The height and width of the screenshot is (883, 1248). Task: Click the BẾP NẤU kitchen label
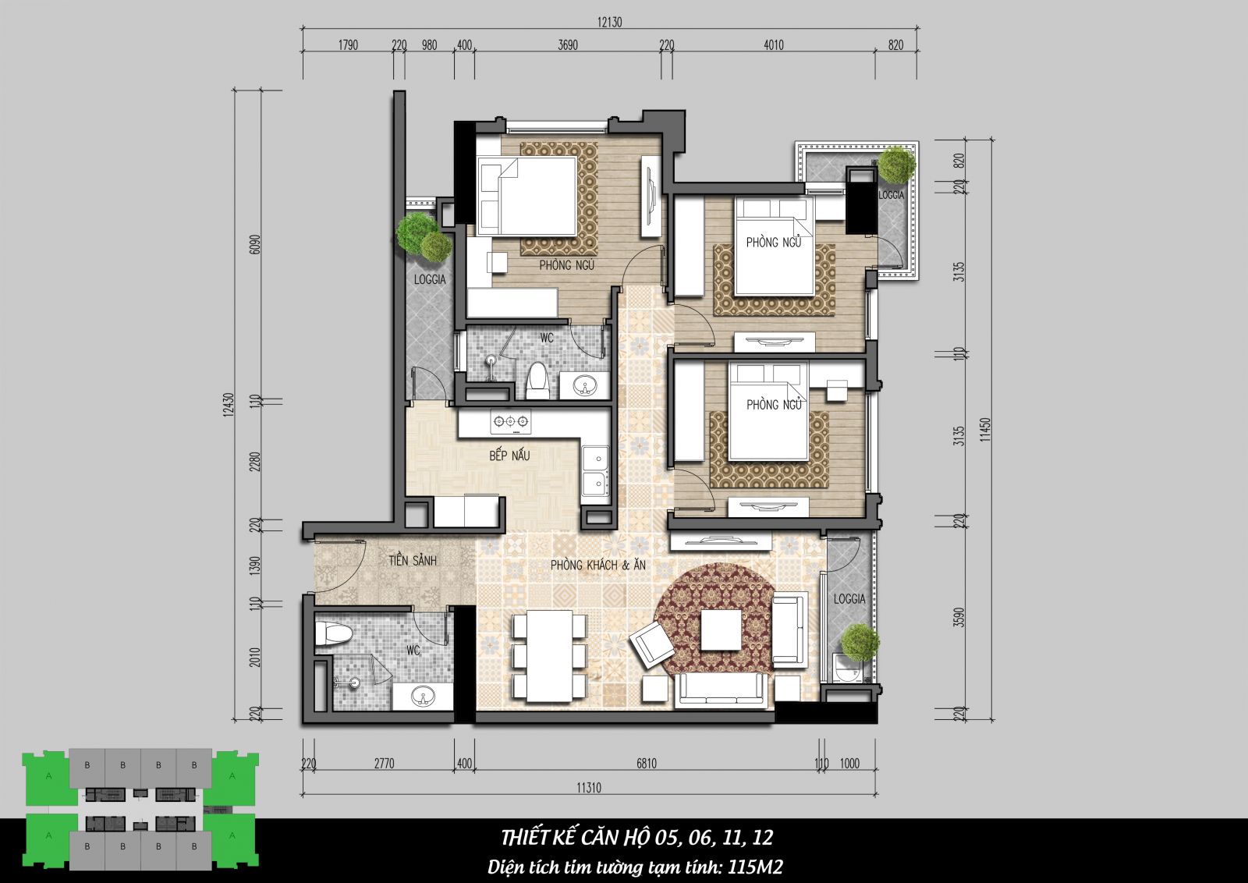click(509, 455)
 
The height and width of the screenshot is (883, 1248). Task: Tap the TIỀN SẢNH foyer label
click(413, 560)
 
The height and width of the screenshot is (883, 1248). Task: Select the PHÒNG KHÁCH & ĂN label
click(597, 565)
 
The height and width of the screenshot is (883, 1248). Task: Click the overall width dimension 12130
click(609, 23)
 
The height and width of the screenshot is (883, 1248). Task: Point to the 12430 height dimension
click(229, 405)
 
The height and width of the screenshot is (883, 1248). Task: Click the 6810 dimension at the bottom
click(647, 763)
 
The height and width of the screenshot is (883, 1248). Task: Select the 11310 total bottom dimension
click(589, 788)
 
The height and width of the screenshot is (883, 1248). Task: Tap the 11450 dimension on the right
click(986, 430)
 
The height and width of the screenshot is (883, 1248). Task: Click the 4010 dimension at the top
click(773, 45)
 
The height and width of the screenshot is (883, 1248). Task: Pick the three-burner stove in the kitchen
click(510, 422)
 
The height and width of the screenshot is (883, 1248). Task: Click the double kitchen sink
click(596, 470)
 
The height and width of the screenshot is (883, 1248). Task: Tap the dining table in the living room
click(550, 656)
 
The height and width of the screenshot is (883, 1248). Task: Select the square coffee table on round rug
click(721, 629)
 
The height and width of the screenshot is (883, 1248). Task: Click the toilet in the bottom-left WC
click(333, 633)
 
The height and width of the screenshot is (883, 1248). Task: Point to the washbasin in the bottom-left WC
click(422, 697)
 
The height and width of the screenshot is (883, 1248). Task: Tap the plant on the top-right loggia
click(896, 165)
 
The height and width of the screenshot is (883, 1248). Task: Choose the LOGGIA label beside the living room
click(849, 599)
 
